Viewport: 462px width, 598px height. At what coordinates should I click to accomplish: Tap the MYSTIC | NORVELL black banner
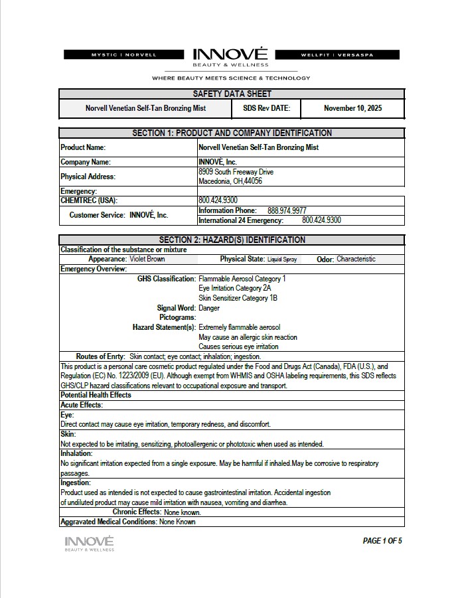124,54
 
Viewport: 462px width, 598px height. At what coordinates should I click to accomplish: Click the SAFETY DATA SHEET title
232,94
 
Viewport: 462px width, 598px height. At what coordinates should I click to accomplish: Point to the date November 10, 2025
352,108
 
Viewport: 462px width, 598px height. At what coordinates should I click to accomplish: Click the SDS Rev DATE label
266,108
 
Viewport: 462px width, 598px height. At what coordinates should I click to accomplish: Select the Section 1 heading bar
232,133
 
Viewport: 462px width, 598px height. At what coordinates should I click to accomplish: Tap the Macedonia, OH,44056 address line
230,181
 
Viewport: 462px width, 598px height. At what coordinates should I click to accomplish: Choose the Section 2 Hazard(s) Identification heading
232,240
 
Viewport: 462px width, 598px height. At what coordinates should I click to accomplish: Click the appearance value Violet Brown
147,260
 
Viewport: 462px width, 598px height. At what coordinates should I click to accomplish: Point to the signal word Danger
209,308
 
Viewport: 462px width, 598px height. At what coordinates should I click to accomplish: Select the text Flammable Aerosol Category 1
242,279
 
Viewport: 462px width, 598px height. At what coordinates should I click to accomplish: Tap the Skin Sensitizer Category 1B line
238,298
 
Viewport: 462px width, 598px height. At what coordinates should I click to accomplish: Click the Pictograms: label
177,318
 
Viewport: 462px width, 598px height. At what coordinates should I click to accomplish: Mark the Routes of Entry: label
100,356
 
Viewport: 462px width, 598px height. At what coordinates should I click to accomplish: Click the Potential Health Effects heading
96,395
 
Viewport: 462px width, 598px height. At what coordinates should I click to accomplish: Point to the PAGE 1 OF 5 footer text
382,541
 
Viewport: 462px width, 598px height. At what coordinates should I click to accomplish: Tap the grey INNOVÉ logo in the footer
89,544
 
